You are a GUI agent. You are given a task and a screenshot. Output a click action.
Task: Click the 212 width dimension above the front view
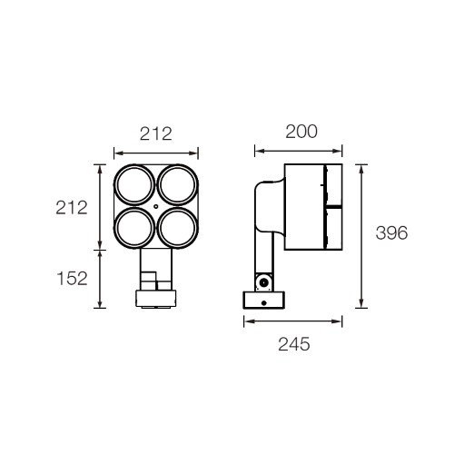[156, 133]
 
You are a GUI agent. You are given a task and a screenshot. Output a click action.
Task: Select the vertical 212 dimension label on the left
[72, 208]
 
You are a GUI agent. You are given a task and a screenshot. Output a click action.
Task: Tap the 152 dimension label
[72, 279]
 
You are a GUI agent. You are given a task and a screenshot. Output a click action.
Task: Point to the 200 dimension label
[301, 132]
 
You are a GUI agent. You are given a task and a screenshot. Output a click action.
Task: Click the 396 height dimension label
[391, 233]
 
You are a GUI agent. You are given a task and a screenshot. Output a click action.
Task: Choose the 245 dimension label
[294, 344]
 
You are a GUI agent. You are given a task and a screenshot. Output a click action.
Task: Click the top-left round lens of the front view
[134, 185]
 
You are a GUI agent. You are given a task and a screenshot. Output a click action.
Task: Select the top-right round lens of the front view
[178, 185]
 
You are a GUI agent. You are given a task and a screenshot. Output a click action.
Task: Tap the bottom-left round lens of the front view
[134, 228]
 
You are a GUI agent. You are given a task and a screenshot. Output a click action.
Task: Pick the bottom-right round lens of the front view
[178, 228]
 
